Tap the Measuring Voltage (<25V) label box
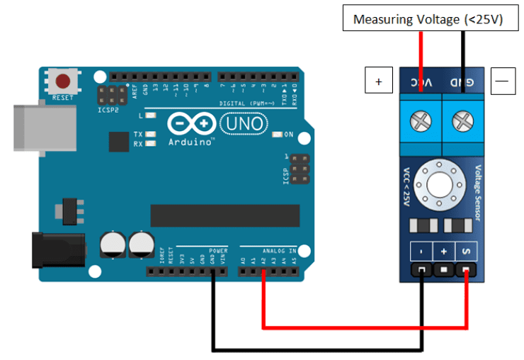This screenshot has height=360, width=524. (x=428, y=19)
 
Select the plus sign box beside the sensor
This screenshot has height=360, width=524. (x=378, y=81)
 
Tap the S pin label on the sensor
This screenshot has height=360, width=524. (x=465, y=252)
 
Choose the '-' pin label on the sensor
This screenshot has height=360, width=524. (x=422, y=252)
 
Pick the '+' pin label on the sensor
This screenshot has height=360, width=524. (x=444, y=252)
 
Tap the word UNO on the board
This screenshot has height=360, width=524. (x=245, y=125)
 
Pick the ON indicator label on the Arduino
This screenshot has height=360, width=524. (x=288, y=134)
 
